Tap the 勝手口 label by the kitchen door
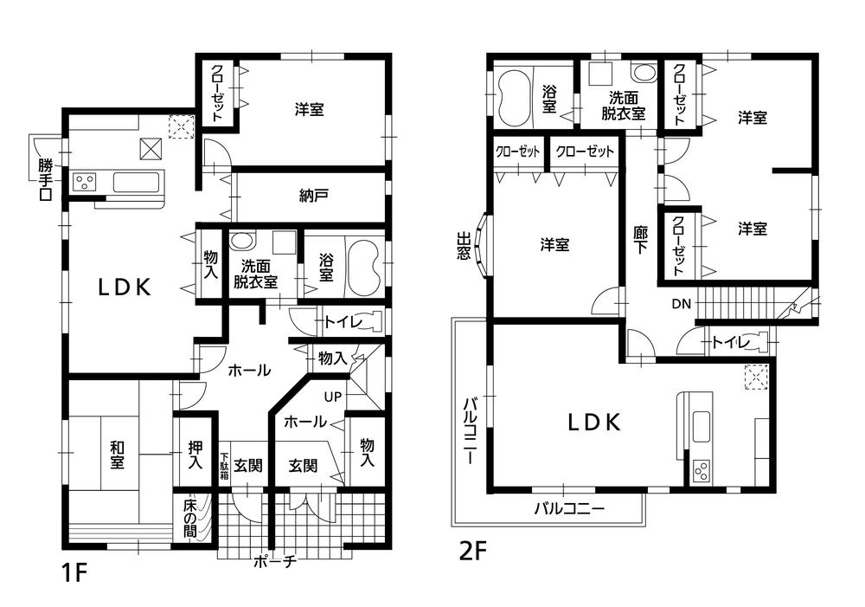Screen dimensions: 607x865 [45, 179]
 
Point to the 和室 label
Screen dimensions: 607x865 [116, 455]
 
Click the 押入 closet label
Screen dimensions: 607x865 [196, 455]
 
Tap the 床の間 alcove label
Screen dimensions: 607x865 [190, 519]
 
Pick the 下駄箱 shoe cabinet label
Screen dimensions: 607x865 [224, 466]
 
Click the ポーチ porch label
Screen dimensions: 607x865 [276, 561]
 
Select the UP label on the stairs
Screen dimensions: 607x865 [333, 397]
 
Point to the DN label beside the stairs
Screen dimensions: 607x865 [681, 304]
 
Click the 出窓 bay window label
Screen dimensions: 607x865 [464, 245]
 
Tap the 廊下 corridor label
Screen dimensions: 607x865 [640, 240]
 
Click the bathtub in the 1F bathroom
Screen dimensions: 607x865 [361, 263]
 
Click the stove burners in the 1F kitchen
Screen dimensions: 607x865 [85, 182]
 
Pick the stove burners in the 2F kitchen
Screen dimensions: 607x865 [702, 472]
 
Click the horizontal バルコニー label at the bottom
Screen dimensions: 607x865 [568, 508]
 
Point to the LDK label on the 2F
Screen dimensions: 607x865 [593, 423]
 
